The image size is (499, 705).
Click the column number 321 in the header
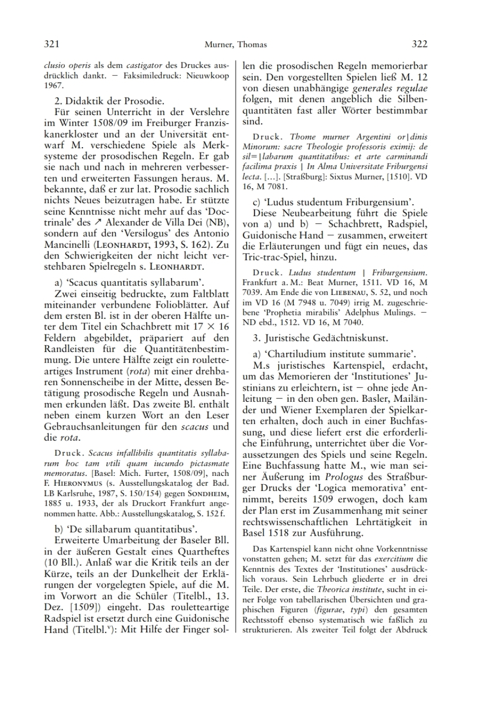[x=52, y=44]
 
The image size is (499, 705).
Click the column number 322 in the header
[x=420, y=44]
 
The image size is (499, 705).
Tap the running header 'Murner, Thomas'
[x=235, y=45]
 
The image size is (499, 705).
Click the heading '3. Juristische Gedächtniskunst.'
[x=320, y=337]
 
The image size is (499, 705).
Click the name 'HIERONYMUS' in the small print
[x=74, y=483]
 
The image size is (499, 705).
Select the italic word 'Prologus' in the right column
[x=344, y=476]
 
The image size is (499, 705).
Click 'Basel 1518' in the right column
[x=272, y=532]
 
